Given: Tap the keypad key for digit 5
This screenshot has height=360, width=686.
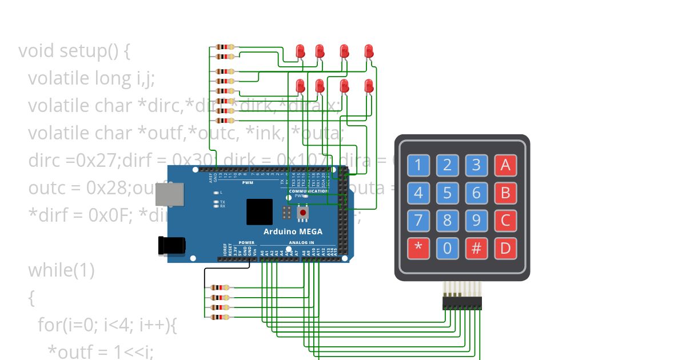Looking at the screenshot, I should pos(447,193).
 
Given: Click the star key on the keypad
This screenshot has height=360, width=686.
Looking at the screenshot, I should pos(418,249).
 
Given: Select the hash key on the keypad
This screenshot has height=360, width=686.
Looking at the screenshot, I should pos(476,249).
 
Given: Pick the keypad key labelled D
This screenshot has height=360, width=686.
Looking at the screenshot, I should pos(505,249).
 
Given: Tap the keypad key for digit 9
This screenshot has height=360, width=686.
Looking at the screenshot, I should pos(476,221).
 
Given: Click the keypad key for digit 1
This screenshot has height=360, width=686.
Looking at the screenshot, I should pos(418,166).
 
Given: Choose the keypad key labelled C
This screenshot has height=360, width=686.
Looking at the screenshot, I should pos(505,221).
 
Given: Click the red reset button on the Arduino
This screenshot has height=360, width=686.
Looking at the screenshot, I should pos(303,213).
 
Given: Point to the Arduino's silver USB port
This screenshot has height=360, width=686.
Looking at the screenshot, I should pos(170,194).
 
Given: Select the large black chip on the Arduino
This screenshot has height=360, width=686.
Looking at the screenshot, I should pos(260,211).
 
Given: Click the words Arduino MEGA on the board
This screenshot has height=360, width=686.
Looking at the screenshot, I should pos(293,231).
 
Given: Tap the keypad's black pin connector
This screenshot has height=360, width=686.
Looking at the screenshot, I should pos(462,303).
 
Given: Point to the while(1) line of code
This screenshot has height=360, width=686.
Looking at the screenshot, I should pos(61,269).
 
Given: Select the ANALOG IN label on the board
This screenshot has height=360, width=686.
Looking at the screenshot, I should pos(301,243).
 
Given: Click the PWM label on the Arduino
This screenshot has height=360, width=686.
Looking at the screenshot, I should pos(248,183).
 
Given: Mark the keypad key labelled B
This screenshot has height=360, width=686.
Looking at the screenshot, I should pos(505,193).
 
